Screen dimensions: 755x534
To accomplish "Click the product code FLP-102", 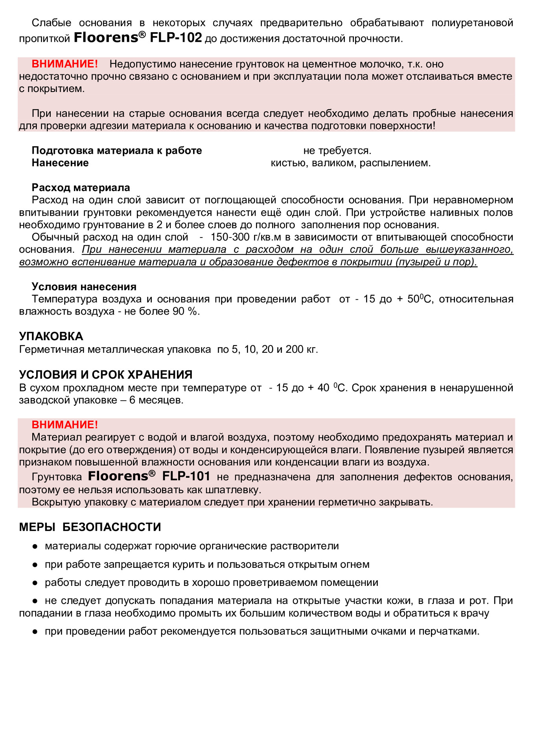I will [176, 38].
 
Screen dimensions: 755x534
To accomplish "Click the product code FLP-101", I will [186, 476].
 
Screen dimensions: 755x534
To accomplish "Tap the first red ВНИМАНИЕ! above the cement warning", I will [64, 64].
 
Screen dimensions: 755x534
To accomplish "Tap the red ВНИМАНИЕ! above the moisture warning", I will [64, 425].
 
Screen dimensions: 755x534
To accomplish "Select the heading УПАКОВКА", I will [51, 336].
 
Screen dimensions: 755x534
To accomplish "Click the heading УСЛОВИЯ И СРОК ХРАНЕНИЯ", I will [106, 374].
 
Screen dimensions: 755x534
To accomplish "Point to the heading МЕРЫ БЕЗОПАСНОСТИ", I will [90, 527].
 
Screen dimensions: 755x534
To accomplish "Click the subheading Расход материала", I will [81, 188].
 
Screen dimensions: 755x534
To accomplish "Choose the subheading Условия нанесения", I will [84, 287].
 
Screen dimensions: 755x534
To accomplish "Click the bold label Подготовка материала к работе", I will [117, 151].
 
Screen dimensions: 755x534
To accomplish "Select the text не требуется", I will [337, 151].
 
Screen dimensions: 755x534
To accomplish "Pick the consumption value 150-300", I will [230, 237].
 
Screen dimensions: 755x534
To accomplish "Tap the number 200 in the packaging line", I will [294, 349].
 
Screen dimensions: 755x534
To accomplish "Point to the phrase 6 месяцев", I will [156, 400].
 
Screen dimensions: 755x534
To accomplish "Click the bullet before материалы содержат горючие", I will [35, 546].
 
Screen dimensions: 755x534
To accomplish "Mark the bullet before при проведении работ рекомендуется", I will [35, 632].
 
